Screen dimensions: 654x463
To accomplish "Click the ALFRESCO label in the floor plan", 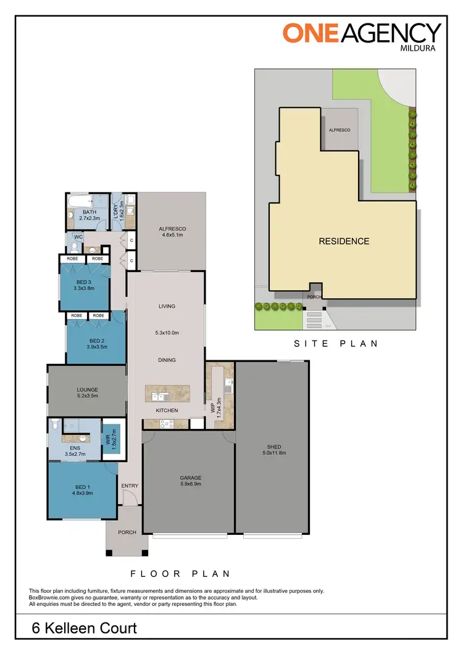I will [x=173, y=229].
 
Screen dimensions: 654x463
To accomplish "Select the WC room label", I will [x=78, y=236].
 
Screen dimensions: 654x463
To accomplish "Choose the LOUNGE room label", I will [x=87, y=389].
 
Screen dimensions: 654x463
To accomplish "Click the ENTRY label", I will [x=130, y=486].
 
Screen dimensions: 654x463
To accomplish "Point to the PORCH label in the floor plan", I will [x=127, y=532].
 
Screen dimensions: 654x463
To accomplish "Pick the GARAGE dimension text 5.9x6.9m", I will [x=191, y=484].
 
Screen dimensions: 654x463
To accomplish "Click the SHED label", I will [x=273, y=446].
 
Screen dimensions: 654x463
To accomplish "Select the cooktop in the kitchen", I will [x=167, y=423].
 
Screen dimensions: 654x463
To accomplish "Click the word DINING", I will [x=167, y=360].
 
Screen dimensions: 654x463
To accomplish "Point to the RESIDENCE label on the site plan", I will [x=344, y=241].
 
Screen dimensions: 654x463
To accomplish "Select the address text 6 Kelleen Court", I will [x=85, y=629].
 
